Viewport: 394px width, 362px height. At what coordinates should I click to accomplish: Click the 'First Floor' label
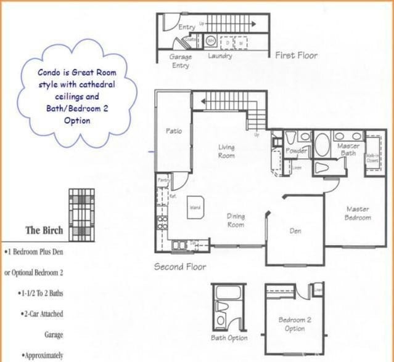click(296, 55)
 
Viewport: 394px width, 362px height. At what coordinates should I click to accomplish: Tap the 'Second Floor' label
click(180, 267)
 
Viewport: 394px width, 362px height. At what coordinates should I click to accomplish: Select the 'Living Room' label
click(226, 151)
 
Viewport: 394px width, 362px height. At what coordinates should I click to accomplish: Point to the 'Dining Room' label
click(236, 220)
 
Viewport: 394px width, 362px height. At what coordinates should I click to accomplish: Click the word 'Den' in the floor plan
click(295, 231)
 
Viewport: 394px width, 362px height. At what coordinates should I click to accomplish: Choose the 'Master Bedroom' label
click(357, 214)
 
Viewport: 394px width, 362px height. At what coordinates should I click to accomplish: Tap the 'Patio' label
click(173, 131)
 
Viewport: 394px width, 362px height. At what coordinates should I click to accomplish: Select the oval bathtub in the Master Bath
click(322, 145)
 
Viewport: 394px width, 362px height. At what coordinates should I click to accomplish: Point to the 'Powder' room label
click(296, 151)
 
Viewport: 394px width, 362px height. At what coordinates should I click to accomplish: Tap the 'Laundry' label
click(220, 56)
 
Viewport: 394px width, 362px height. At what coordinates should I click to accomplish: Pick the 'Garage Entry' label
click(180, 60)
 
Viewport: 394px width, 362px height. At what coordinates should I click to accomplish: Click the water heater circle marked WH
click(210, 42)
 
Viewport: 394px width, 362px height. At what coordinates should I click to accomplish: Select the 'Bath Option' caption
click(229, 338)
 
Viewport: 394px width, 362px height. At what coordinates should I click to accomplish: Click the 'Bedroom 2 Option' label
click(295, 324)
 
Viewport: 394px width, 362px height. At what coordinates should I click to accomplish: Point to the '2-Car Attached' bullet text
click(42, 314)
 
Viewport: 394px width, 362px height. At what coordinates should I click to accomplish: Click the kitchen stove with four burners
click(162, 222)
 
